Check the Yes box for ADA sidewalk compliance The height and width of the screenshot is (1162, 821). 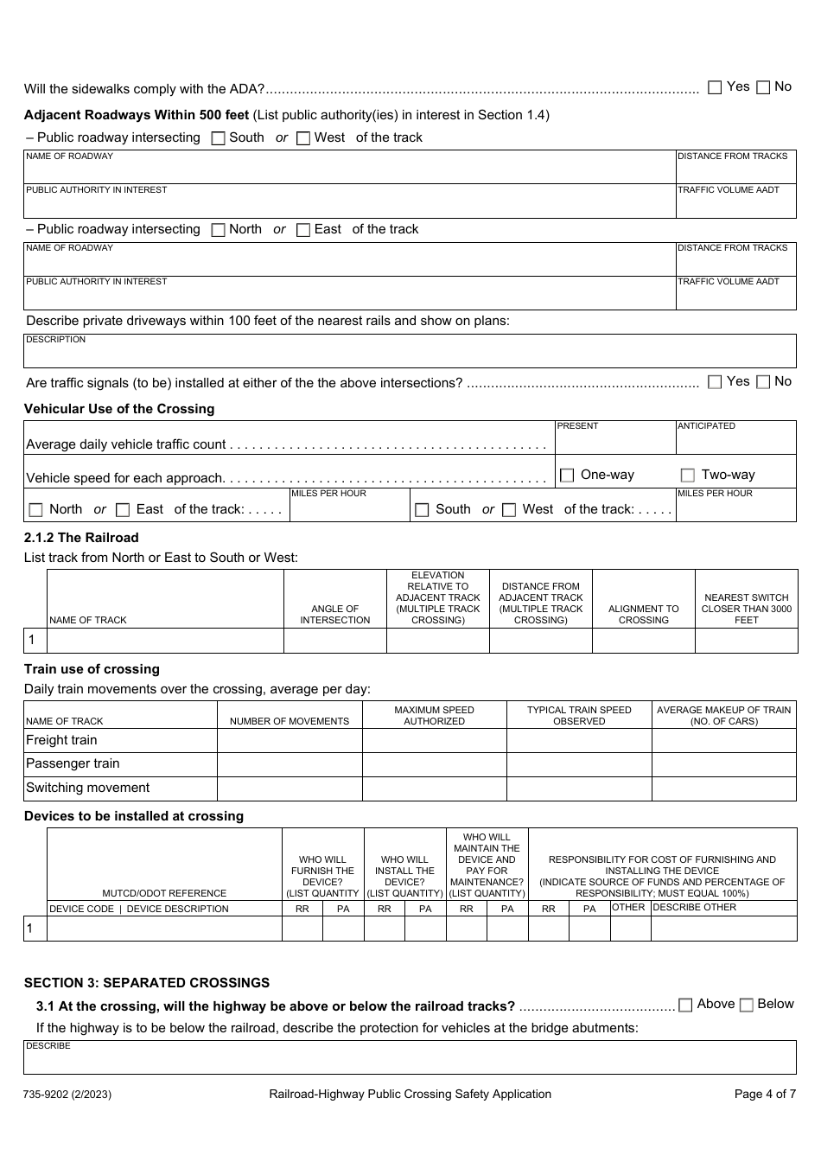coord(715,87)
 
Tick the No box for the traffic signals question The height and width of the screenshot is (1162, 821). coord(763,382)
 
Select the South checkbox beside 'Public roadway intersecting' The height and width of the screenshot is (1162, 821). coord(219,138)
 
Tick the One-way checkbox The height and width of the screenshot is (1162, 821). coord(567,476)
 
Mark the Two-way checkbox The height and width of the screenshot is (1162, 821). coord(688,476)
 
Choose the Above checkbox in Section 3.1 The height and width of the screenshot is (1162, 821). coord(685,1005)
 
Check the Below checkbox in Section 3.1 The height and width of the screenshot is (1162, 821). coord(747,1005)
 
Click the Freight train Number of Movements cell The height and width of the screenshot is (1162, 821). coord(290,741)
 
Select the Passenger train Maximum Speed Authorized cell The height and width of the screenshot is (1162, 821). coord(434,764)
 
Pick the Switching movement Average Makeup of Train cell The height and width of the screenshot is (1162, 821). coord(723,788)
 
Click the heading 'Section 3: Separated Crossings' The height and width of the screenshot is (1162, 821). coord(147,983)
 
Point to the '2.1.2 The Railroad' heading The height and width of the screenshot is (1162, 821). coord(81,538)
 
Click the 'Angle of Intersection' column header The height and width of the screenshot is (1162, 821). coord(335,615)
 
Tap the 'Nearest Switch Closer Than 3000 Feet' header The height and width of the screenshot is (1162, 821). coord(746,609)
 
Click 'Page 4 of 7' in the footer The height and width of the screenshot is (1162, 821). coord(765,1094)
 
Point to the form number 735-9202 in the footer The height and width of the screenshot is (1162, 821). coord(67,1095)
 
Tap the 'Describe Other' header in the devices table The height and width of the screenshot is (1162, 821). coord(695,908)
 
